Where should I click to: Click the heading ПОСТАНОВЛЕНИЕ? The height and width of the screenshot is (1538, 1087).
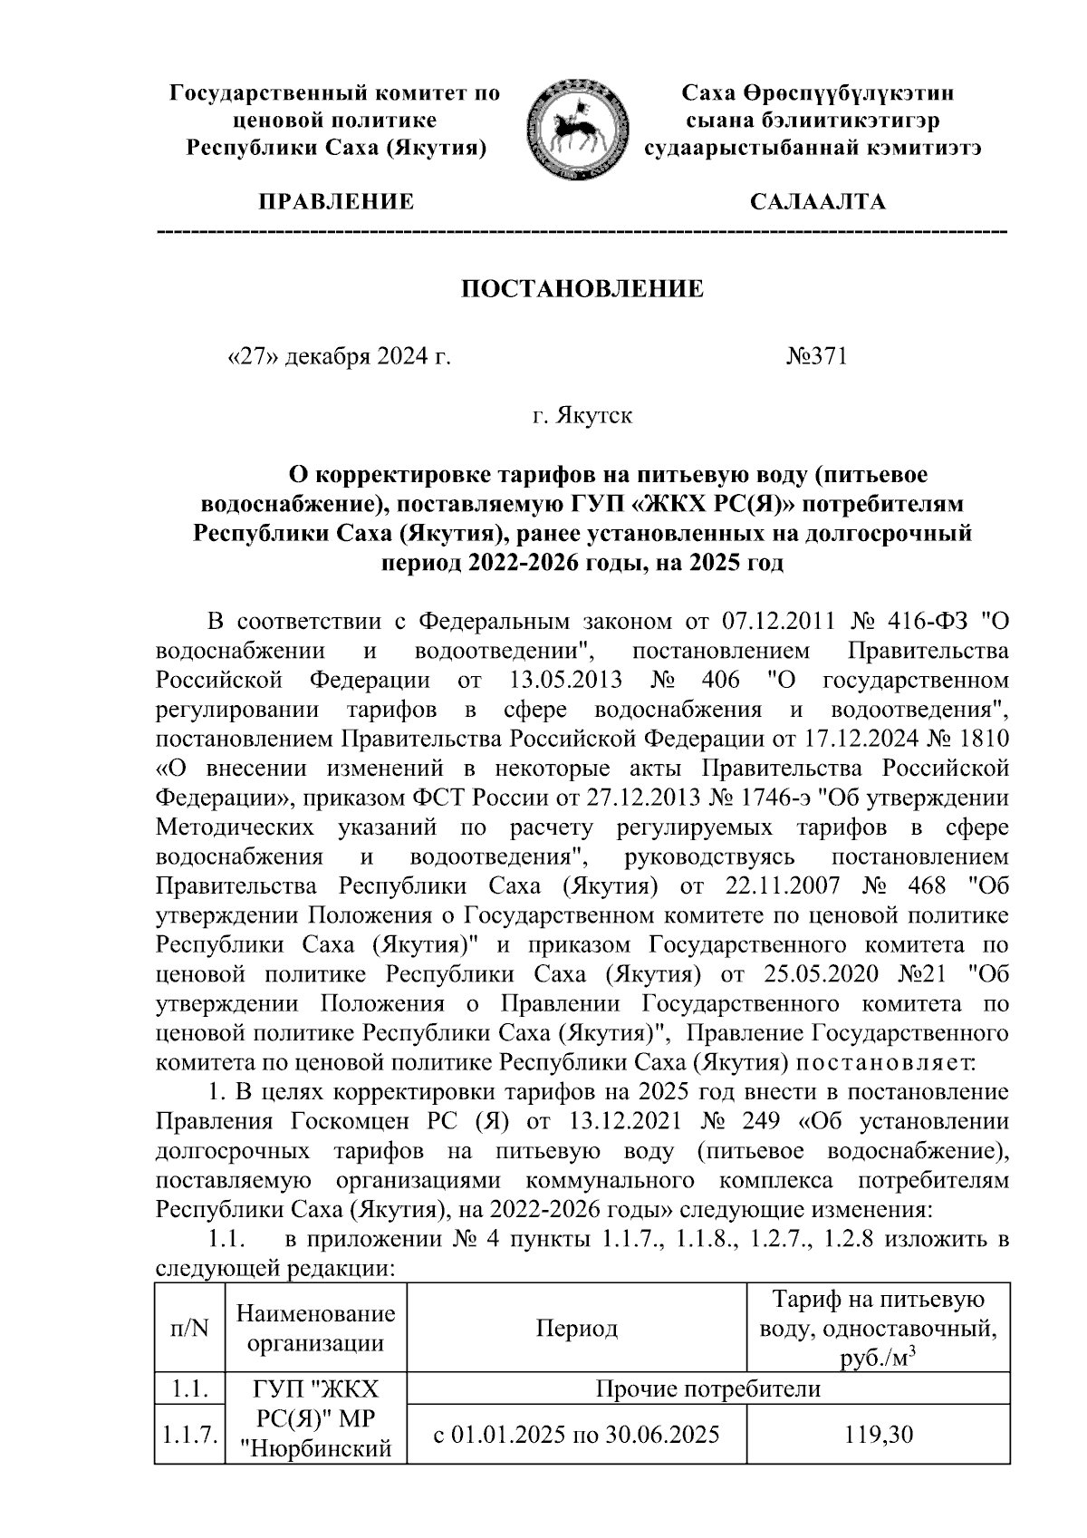click(583, 289)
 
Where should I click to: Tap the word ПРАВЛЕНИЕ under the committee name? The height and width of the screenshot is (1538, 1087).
click(337, 202)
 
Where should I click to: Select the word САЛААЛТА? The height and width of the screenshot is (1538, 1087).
click(817, 202)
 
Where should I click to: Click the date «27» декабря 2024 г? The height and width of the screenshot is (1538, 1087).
click(338, 357)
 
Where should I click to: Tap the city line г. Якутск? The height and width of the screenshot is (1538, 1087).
click(582, 416)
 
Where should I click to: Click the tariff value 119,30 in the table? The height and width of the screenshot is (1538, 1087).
click(878, 1434)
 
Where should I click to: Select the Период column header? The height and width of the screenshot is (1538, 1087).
click(576, 1329)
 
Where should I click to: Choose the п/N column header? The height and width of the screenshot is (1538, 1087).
click(189, 1329)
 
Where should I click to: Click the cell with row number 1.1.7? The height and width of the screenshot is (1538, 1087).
click(189, 1434)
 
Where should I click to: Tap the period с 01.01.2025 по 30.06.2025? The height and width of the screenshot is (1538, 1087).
click(576, 1434)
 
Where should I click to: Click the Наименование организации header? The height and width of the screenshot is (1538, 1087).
click(315, 1329)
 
